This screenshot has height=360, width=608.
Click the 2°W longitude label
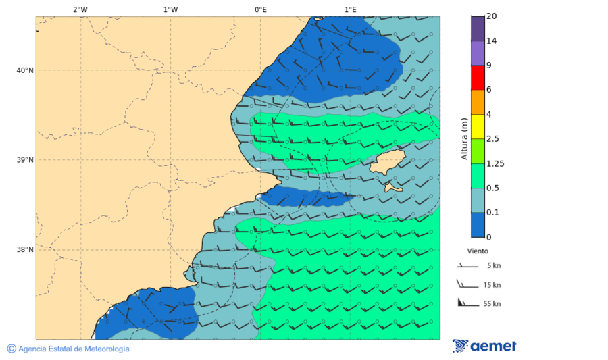tap(80, 9)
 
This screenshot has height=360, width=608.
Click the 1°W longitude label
tap(170, 9)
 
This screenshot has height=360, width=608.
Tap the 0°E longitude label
tap(260, 9)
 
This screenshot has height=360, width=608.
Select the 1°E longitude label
tap(350, 9)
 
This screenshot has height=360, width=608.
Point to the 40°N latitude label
tap(25, 70)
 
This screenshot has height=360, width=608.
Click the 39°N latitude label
tap(25, 160)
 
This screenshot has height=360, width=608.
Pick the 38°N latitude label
tap(25, 250)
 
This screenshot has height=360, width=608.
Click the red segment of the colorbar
tap(478, 78)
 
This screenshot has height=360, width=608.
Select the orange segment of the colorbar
tap(478, 102)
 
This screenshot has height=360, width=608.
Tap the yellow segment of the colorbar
tap(478, 126)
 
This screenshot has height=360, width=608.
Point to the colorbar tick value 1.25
tap(496, 163)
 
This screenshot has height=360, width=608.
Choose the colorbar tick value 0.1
tap(492, 213)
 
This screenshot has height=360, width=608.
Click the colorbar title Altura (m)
tap(464, 138)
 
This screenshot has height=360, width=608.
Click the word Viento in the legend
tap(478, 251)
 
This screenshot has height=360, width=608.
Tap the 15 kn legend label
tap(492, 285)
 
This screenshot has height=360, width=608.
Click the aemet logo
tap(484, 346)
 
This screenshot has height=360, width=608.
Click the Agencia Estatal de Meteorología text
tap(73, 349)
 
